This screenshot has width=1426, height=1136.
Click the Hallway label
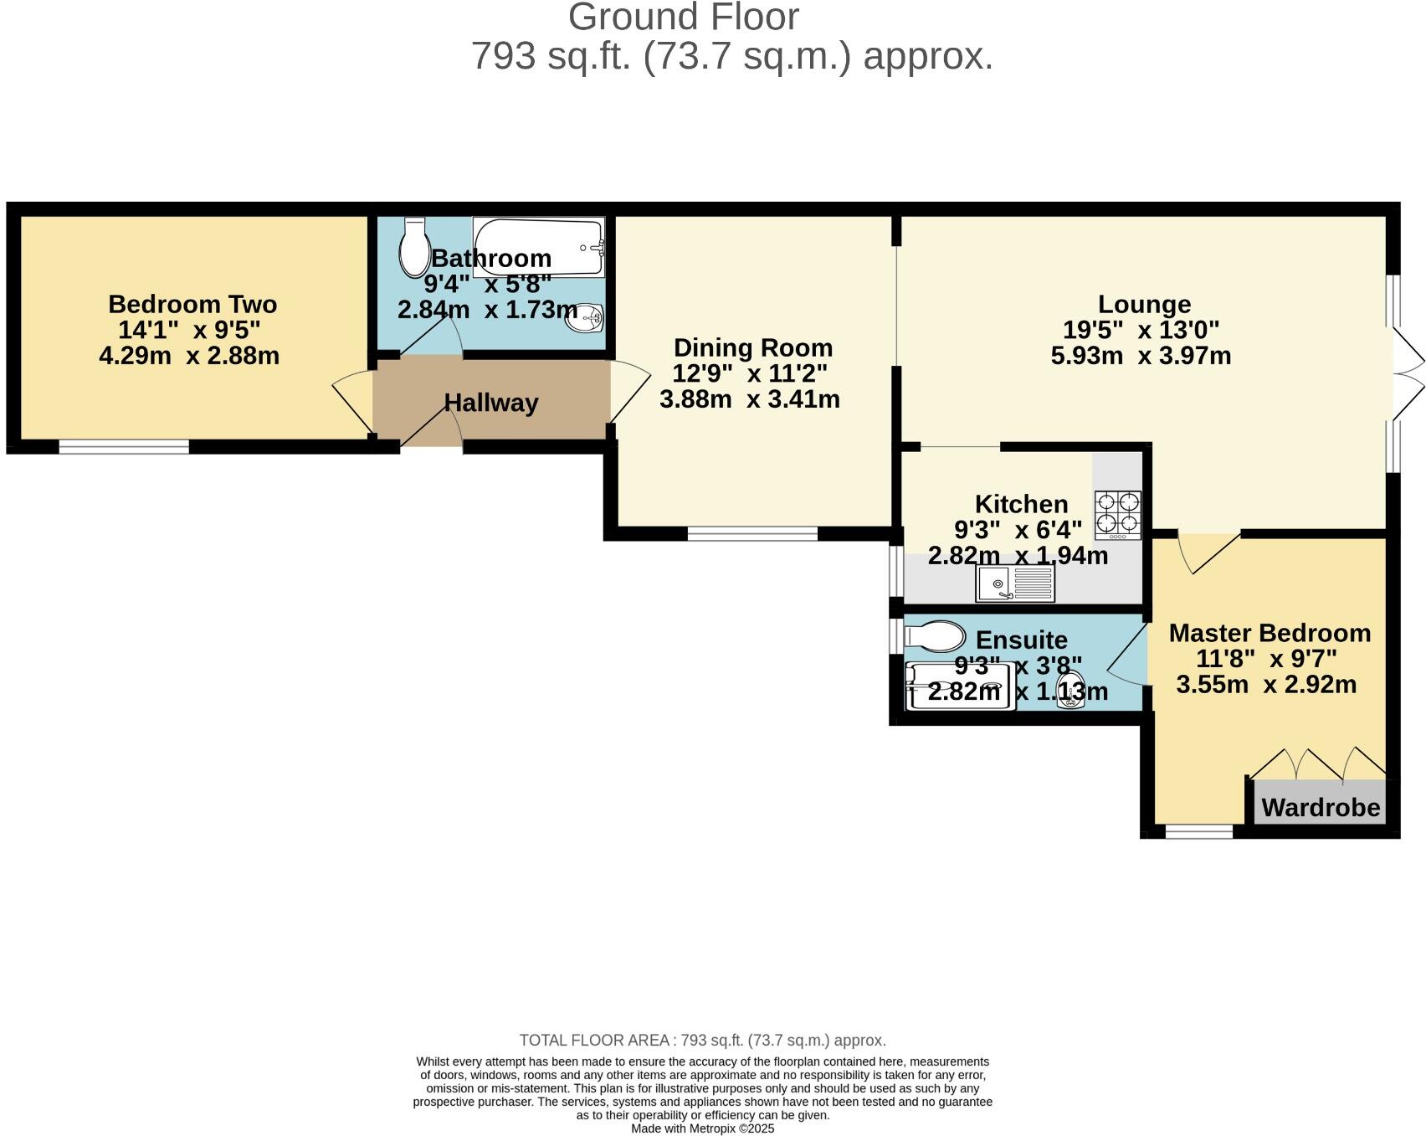pyautogui.click(x=490, y=403)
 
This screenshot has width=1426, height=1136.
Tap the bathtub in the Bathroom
pyautogui.click(x=537, y=246)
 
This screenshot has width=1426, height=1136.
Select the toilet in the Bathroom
pyautogui.click(x=413, y=248)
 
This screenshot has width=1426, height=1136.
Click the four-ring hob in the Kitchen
pyautogui.click(x=1118, y=515)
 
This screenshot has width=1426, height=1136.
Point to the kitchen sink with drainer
pyautogui.click(x=1015, y=583)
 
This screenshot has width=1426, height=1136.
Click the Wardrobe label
pyautogui.click(x=1320, y=808)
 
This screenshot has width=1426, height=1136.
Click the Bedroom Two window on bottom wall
pyautogui.click(x=124, y=447)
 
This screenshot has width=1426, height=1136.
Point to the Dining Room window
pyautogui.click(x=752, y=533)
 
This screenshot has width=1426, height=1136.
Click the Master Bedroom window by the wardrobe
pyautogui.click(x=1198, y=831)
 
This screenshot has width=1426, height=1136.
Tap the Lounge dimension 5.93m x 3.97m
pyautogui.click(x=1140, y=356)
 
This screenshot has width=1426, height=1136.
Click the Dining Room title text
pyautogui.click(x=752, y=347)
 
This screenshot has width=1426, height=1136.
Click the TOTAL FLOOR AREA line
pyautogui.click(x=702, y=1041)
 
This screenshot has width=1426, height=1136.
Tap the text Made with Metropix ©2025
pyautogui.click(x=702, y=1128)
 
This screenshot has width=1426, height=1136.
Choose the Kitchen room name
pyautogui.click(x=1021, y=504)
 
